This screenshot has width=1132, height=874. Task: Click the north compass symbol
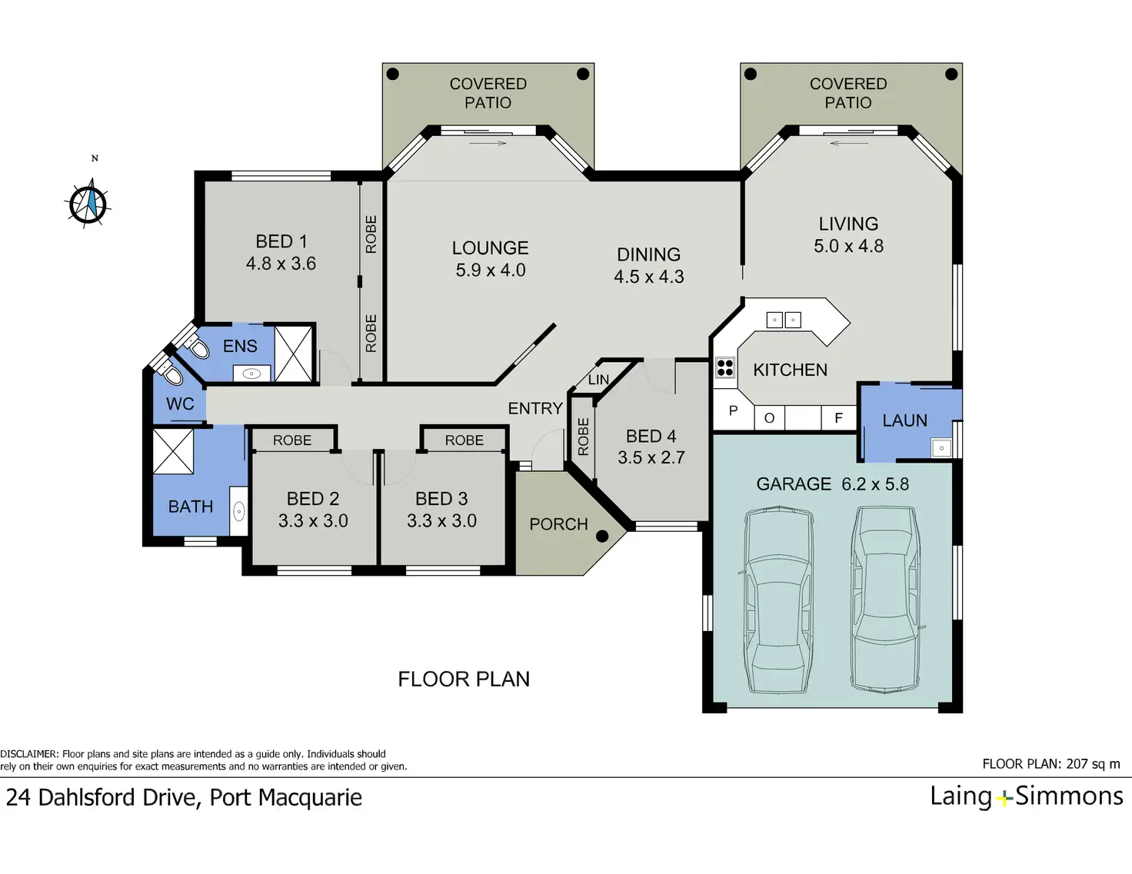pos(88,203)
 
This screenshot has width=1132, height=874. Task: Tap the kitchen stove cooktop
pos(724,367)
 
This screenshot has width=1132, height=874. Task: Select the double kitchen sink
pos(784,320)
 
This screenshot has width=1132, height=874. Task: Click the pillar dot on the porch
pos(602,536)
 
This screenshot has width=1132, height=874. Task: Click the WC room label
pos(180,404)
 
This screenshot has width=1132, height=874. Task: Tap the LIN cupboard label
pos(598,380)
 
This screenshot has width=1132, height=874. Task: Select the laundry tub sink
pos(941,448)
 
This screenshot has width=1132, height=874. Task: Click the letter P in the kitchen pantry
pos(733,410)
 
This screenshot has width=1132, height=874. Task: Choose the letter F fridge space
pos(839,418)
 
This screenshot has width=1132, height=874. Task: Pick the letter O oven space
pos(769,418)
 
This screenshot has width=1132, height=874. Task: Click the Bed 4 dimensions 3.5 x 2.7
pos(651,457)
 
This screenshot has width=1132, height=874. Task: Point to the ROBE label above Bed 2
pos(292,440)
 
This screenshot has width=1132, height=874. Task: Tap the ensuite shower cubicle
pos(293,354)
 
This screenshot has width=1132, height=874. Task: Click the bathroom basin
pos(238,511)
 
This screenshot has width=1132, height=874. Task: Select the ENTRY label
pos(535,409)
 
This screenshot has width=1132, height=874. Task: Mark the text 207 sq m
pos(1093,764)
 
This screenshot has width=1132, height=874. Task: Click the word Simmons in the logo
pos(1069,797)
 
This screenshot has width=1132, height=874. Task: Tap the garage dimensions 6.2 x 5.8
pos(875,484)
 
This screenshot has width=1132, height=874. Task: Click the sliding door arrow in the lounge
pos(488,143)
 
